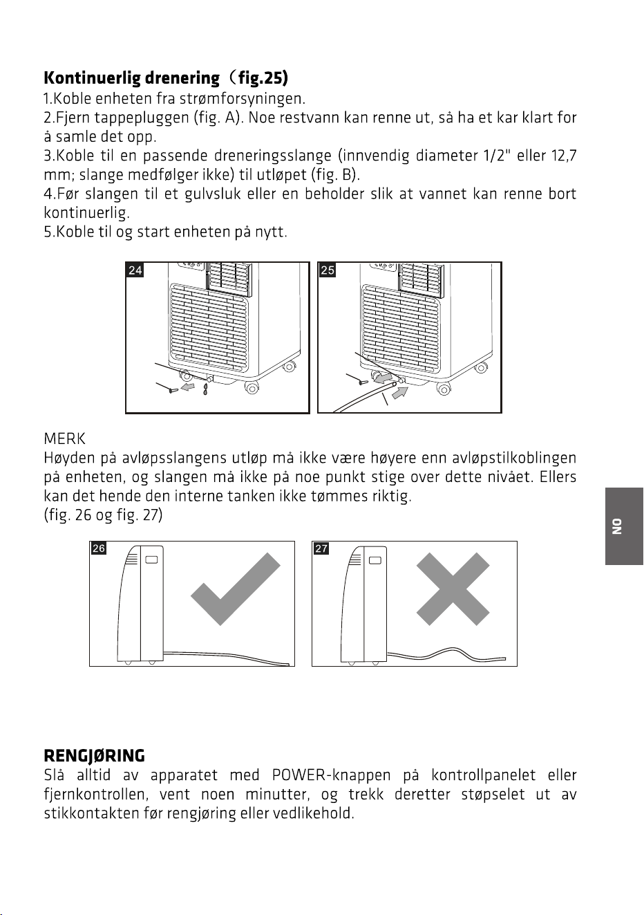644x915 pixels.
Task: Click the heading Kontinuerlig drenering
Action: pyautogui.click(x=131, y=78)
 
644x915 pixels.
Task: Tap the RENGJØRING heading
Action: pyautogui.click(x=94, y=756)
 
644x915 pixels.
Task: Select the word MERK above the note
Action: pyautogui.click(x=64, y=439)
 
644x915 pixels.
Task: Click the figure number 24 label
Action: pyautogui.click(x=135, y=270)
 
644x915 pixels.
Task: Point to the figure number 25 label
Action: pyautogui.click(x=328, y=270)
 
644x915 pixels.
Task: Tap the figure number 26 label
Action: pyautogui.click(x=98, y=548)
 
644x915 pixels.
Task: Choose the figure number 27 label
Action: pyautogui.click(x=321, y=548)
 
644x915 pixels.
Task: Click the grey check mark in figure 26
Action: pyautogui.click(x=236, y=589)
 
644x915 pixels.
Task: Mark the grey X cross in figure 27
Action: pyautogui.click(x=453, y=589)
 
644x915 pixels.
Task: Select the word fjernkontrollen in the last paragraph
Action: pyautogui.click(x=96, y=795)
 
